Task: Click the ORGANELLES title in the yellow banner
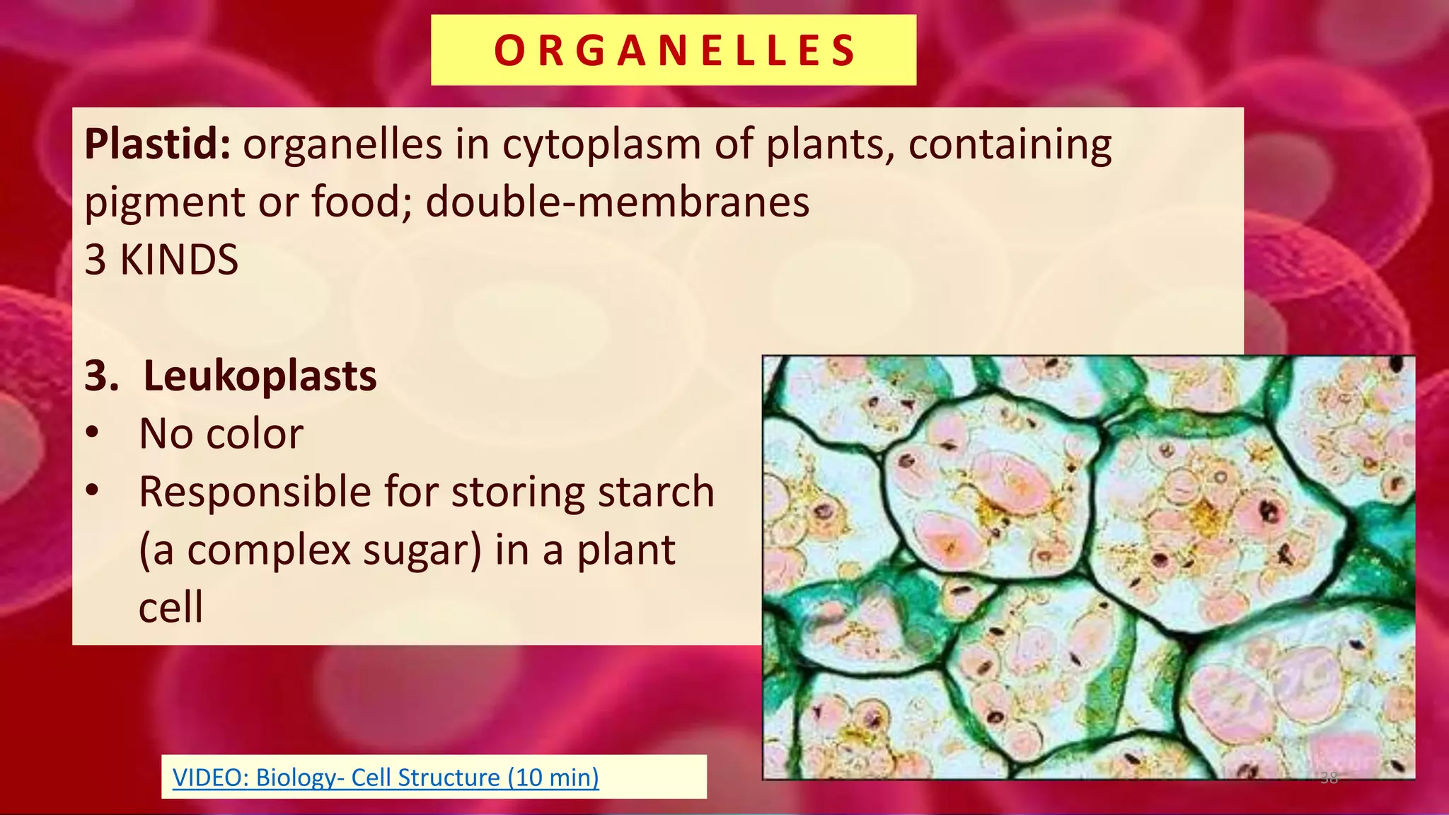pos(674,50)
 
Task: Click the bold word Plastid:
pos(158,144)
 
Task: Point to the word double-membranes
pos(617,202)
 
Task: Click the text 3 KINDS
pos(161,260)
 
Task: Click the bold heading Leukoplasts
pos(260,376)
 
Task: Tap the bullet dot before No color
pos(93,433)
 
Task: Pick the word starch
pos(654,492)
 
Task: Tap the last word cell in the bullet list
pos(171,608)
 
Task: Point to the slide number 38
pos(1329,778)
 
